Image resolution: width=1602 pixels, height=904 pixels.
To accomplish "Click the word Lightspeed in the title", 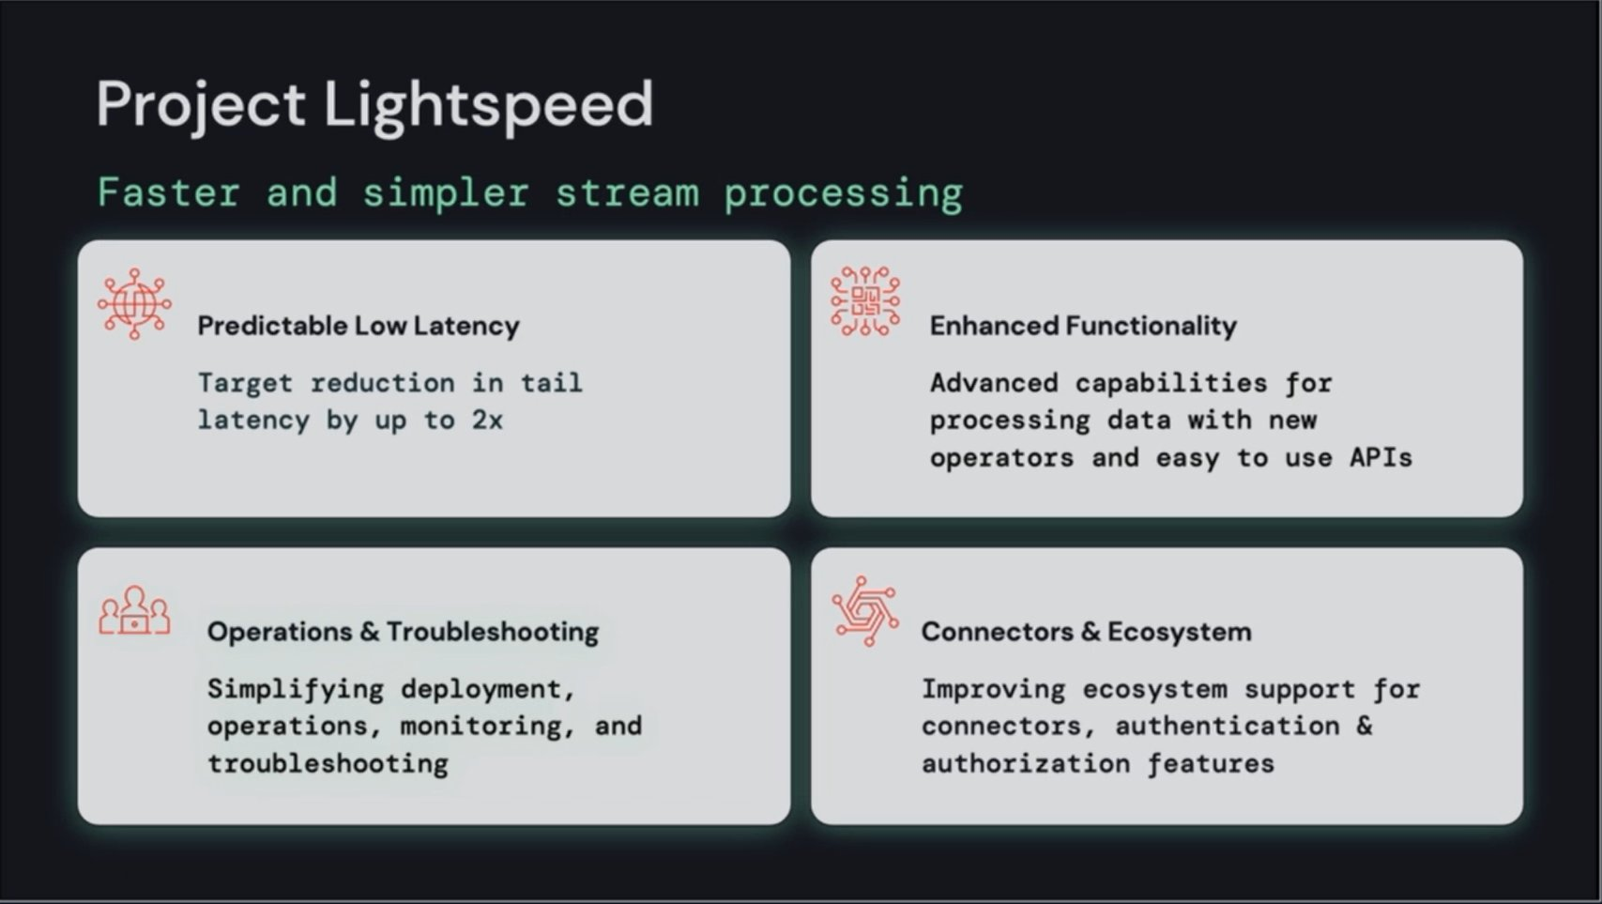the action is pyautogui.click(x=488, y=106).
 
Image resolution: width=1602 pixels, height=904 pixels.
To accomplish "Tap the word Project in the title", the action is pyautogui.click(x=201, y=106).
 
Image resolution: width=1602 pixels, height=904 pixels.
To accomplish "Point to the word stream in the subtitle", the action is pyautogui.click(x=627, y=193).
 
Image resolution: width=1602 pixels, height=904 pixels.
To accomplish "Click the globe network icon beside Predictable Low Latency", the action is pyautogui.click(x=134, y=304).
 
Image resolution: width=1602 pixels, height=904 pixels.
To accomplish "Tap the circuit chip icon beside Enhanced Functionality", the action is pyautogui.click(x=865, y=301).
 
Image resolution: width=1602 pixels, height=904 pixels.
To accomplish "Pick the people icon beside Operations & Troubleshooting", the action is pyautogui.click(x=134, y=611).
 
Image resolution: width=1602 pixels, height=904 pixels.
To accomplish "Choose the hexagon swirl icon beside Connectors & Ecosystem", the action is pyautogui.click(x=865, y=611).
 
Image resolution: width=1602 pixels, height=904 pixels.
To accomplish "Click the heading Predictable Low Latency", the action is pyautogui.click(x=359, y=326).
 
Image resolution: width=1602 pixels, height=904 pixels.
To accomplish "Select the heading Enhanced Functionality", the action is pyautogui.click(x=1083, y=326).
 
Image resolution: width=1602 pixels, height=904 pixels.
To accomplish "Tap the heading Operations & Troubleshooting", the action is pyautogui.click(x=403, y=632).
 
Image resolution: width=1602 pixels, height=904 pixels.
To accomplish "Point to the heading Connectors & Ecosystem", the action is pyautogui.click(x=1087, y=632).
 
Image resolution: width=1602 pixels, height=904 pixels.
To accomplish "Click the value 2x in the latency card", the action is pyautogui.click(x=487, y=420).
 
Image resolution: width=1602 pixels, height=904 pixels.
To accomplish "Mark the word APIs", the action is pyautogui.click(x=1381, y=457).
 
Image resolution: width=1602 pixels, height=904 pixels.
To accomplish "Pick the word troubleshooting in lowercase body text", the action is pyautogui.click(x=328, y=763).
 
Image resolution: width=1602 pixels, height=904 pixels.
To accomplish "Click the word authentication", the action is pyautogui.click(x=1228, y=726).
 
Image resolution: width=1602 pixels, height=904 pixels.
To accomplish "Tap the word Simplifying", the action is pyautogui.click(x=296, y=690).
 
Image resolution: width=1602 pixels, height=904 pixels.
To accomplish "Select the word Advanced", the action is pyautogui.click(x=994, y=383).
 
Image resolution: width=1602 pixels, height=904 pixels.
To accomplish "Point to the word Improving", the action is pyautogui.click(x=993, y=690).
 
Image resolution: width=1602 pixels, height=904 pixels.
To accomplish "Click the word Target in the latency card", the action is pyautogui.click(x=245, y=384).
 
